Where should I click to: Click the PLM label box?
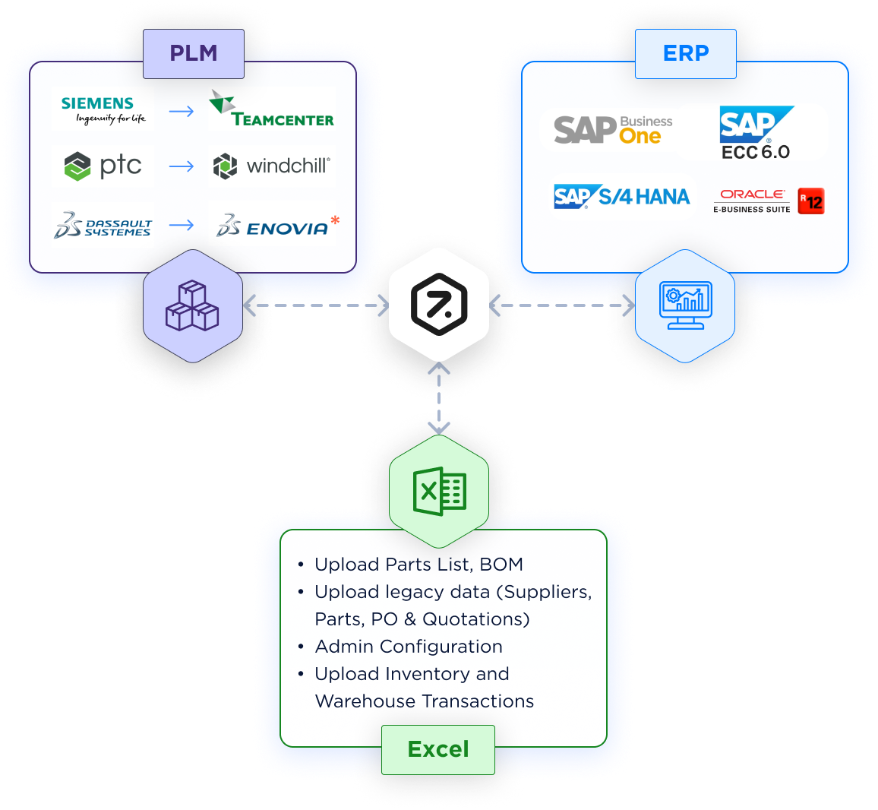tap(194, 54)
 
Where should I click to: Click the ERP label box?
tap(686, 54)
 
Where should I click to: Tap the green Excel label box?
tap(438, 750)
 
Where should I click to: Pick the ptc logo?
tap(103, 166)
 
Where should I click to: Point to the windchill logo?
tap(272, 166)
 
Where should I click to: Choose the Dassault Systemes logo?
tap(103, 226)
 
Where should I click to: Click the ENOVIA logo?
tap(276, 226)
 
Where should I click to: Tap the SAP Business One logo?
tap(613, 130)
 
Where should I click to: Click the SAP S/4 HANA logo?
tap(621, 197)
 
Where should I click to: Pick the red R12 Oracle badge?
tap(811, 201)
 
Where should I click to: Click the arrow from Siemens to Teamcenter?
tap(182, 112)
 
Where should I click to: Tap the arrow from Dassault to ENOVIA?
tap(182, 225)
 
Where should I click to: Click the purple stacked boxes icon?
tap(192, 305)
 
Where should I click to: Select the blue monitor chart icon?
tap(685, 305)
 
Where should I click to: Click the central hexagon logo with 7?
tap(439, 305)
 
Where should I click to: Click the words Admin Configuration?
tap(409, 647)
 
